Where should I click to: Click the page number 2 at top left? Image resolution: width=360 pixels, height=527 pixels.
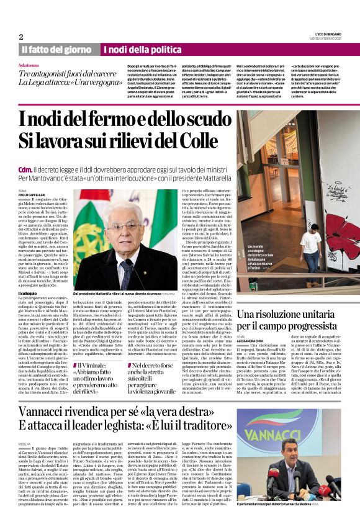click(20, 36)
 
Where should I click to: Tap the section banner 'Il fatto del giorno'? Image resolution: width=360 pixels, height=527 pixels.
click(56, 49)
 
